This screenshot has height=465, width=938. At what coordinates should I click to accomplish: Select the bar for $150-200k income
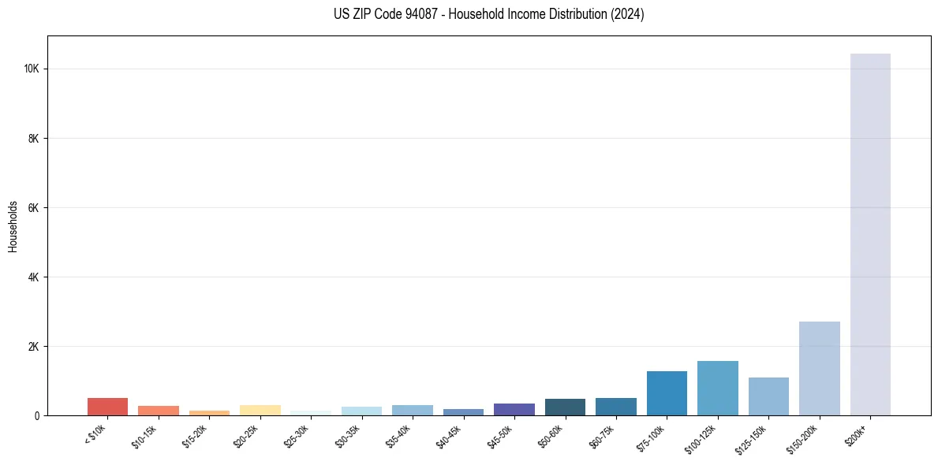[x=819, y=368]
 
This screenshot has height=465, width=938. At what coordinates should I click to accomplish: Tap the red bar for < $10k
[x=107, y=407]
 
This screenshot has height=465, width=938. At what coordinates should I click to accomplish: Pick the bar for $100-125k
[x=717, y=388]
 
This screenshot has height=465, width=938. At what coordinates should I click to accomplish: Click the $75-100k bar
[x=667, y=393]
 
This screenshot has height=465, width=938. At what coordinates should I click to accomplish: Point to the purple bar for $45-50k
[x=514, y=409]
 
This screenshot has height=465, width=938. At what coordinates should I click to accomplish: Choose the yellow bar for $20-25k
[x=260, y=410]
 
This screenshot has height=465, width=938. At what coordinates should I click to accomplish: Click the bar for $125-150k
[x=768, y=396]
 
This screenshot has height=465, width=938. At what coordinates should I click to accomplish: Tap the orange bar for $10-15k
[x=158, y=411]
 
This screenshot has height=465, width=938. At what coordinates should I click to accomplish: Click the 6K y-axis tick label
[x=34, y=208]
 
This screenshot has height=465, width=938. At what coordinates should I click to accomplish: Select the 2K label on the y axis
[x=34, y=347]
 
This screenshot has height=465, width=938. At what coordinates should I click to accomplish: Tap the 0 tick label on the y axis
[x=37, y=416]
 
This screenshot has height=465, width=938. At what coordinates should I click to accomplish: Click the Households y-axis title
[x=13, y=225]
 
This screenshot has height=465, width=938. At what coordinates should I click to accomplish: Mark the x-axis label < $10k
[x=96, y=436]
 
